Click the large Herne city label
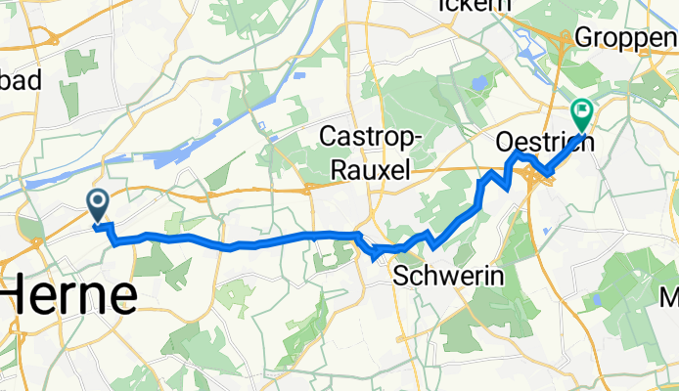[68, 294]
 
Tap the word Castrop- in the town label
[371, 136]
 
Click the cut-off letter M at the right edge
[670, 296]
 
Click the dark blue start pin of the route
[99, 202]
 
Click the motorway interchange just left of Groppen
[565, 40]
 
